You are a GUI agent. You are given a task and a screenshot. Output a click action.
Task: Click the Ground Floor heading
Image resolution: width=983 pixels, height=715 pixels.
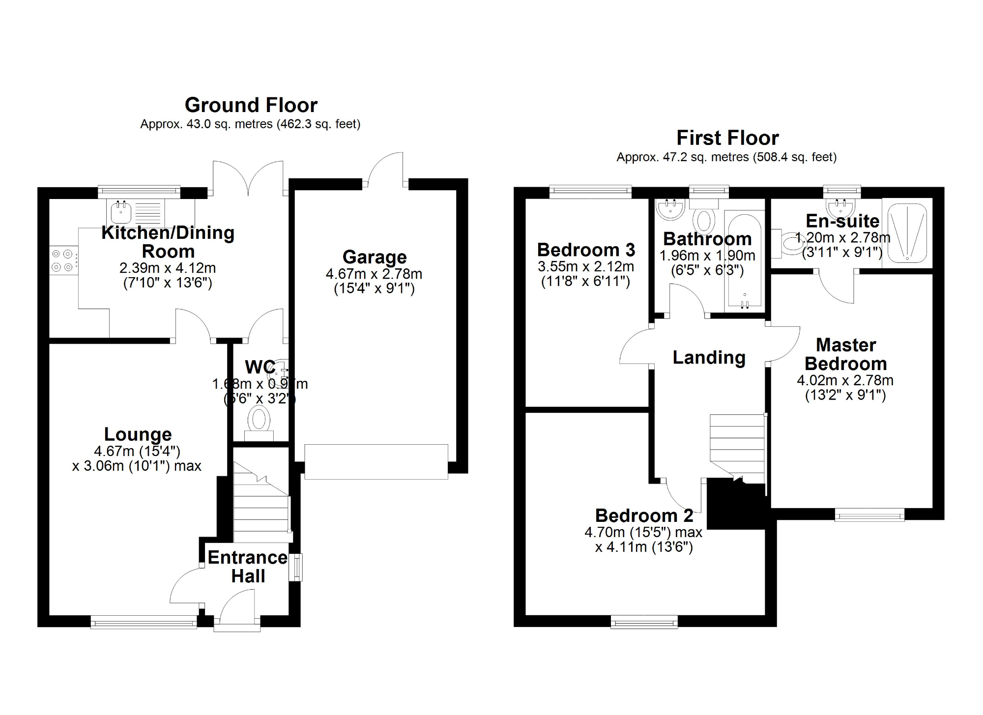(x=251, y=105)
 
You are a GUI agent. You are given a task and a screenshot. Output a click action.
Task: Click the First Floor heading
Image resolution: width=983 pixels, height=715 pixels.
(x=727, y=138)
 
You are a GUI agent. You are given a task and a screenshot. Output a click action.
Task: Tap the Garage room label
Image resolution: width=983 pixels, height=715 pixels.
(x=375, y=257)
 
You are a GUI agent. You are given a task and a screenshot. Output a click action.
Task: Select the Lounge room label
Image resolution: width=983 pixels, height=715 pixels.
(x=138, y=434)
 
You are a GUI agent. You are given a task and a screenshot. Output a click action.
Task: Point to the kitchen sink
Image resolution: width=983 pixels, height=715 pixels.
(x=121, y=212)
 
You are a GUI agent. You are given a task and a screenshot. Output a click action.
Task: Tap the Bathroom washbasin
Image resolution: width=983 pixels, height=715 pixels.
(x=669, y=208)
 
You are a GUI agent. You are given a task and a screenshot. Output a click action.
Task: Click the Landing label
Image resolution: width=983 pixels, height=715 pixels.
(x=709, y=357)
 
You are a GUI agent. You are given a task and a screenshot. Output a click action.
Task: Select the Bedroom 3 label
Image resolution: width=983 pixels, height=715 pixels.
(x=586, y=250)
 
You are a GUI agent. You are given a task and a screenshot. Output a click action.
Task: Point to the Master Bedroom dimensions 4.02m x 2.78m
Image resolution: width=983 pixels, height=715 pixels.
(x=845, y=380)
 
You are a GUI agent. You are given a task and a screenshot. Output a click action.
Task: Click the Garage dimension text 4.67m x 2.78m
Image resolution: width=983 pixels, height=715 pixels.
(x=374, y=274)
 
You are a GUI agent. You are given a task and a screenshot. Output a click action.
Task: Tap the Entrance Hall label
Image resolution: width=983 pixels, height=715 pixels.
(x=248, y=567)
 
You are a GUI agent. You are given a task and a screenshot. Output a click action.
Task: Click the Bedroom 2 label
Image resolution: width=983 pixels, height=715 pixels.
(x=644, y=515)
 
